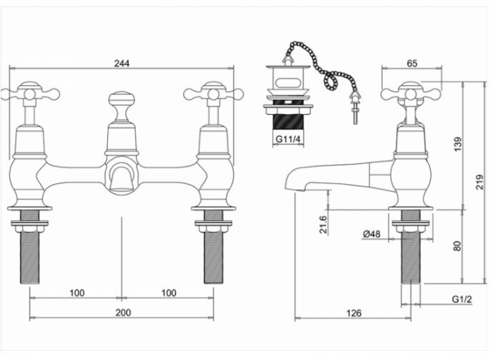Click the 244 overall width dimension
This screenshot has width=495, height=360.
click(121, 61)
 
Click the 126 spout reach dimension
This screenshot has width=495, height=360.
click(354, 313)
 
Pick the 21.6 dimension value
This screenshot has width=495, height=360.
click(324, 224)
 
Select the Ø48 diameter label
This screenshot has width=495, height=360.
click(371, 234)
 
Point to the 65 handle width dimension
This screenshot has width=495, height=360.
click(412, 64)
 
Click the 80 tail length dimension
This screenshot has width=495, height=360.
click(457, 246)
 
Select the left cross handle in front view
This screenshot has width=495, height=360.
click(29, 93)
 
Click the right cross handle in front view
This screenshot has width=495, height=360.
click(212, 93)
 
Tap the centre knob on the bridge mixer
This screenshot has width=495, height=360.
click(121, 100)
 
